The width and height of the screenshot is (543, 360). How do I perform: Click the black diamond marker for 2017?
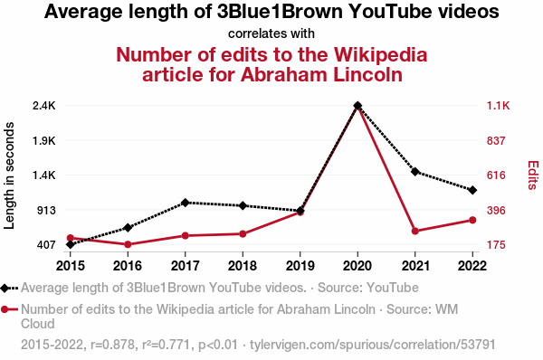click(186, 203)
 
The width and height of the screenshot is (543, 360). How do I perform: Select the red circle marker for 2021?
click(415, 231)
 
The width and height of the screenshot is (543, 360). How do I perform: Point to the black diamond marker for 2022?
click(472, 190)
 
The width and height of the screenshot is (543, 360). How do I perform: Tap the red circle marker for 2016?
click(128, 244)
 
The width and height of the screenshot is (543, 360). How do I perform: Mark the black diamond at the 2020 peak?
click(357, 105)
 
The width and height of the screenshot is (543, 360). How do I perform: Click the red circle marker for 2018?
click(243, 234)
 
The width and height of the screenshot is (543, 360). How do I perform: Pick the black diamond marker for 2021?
click(415, 171)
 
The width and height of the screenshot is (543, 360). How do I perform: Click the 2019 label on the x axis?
click(300, 266)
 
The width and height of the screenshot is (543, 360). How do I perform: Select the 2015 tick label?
click(71, 266)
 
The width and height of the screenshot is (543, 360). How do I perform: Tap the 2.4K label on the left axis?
click(44, 106)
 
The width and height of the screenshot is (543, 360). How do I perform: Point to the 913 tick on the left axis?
click(46, 210)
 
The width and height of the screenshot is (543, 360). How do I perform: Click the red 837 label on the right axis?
click(496, 141)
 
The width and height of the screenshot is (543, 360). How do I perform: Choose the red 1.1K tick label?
click(499, 106)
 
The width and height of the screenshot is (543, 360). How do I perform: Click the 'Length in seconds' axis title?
click(9, 175)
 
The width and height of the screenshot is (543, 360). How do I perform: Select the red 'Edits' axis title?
click(533, 175)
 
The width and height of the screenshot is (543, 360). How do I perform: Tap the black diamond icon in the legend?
click(5, 288)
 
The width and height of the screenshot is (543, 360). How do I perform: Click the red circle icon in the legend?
click(5, 309)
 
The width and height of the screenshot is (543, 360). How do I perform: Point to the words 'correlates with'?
click(271, 33)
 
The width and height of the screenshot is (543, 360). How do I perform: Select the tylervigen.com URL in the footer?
click(373, 345)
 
